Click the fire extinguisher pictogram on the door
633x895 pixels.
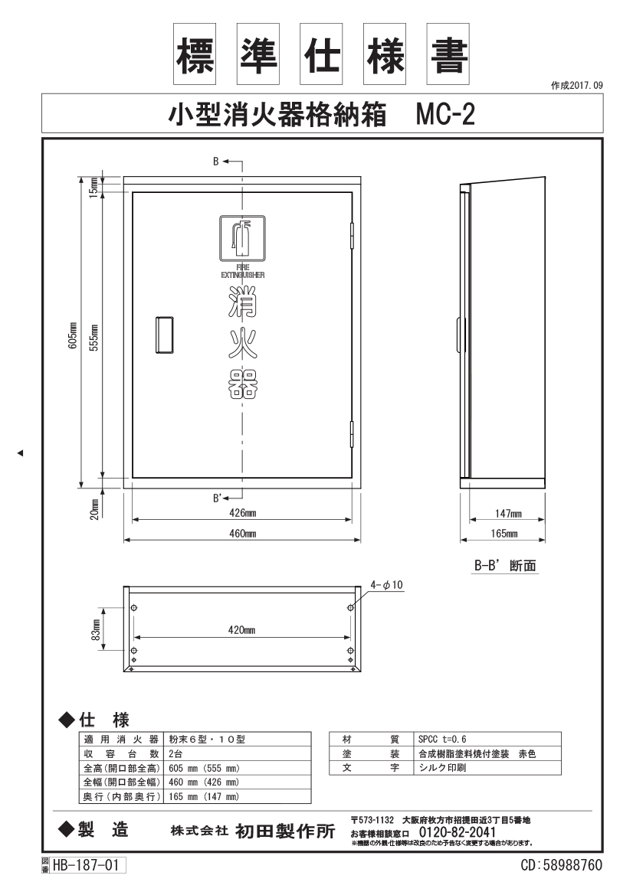click(x=242, y=239)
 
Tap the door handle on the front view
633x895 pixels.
click(x=165, y=335)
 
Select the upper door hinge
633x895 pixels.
click(x=352, y=235)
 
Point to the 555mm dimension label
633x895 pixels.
click(x=95, y=338)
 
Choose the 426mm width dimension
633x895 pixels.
click(x=243, y=512)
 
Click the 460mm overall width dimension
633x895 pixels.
click(x=243, y=534)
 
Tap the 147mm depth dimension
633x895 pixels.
click(x=508, y=513)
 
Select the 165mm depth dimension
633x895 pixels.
click(x=504, y=534)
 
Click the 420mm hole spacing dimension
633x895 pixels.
click(x=241, y=630)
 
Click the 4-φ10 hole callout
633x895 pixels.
click(x=386, y=585)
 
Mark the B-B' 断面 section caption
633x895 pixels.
click(x=505, y=566)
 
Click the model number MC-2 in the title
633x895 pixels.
click(x=445, y=114)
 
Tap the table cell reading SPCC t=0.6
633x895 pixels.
click(x=442, y=739)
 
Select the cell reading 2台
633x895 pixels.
click(x=175, y=754)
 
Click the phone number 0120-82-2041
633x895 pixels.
click(x=458, y=832)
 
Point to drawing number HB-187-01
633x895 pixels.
click(x=87, y=865)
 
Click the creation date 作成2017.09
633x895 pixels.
click(x=576, y=86)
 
